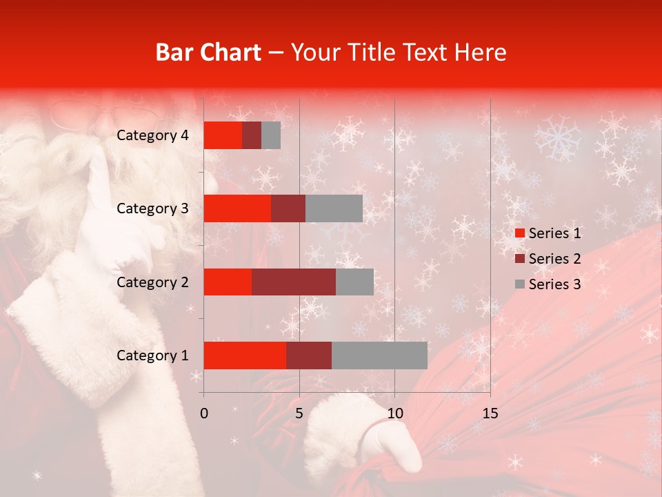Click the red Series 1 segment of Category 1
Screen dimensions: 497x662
[245, 355]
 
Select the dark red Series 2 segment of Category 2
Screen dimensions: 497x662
[294, 282]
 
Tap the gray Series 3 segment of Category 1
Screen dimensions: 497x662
[379, 355]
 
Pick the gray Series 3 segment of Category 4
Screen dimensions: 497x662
[271, 135]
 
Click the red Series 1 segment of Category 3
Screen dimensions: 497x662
[237, 208]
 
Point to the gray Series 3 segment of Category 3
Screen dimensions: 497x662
[334, 208]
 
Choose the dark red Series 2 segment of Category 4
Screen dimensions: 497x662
[252, 135]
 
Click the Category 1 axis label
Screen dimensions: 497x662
[152, 355]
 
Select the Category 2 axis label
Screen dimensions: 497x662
[152, 282]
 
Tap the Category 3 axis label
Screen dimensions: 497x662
[152, 208]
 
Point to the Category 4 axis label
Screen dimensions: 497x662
[152, 135]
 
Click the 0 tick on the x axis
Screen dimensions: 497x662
[204, 413]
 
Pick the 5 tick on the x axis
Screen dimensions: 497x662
[299, 413]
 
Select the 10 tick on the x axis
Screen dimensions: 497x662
[394, 413]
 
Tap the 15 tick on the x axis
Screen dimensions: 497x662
[490, 413]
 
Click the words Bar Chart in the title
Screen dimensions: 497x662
[208, 52]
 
